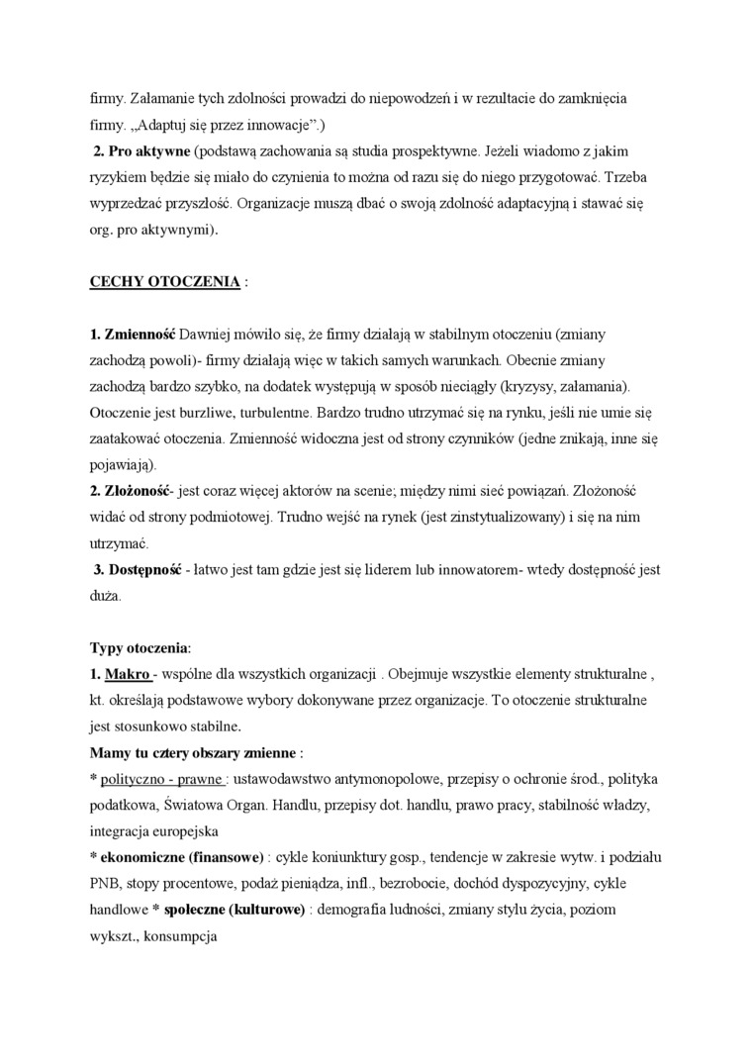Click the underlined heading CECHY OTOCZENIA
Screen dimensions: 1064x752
tap(164, 281)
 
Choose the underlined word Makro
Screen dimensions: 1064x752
tap(129, 674)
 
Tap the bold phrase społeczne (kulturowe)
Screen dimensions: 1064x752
tap(235, 908)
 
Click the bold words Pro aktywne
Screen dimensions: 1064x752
tap(147, 151)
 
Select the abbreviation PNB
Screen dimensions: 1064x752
tap(106, 882)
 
